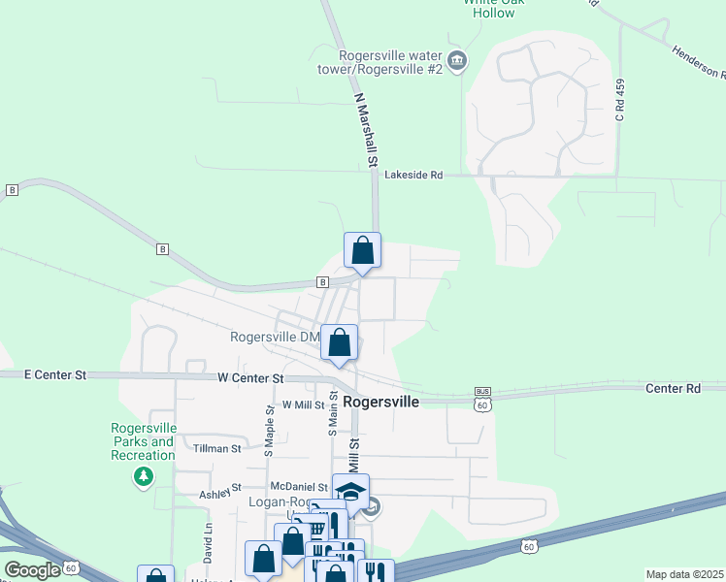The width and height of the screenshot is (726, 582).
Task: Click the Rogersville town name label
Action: tap(380, 401)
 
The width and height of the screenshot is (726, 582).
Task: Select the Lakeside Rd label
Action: tap(413, 176)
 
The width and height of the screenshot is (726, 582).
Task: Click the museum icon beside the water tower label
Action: tap(457, 63)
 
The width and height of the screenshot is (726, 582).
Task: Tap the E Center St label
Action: tap(54, 374)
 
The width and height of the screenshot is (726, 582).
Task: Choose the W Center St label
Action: tap(250, 378)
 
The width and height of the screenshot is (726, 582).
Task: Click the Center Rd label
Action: tap(673, 388)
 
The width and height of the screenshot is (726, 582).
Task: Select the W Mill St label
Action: tap(303, 404)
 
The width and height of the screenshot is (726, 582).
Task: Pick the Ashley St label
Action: tap(220, 494)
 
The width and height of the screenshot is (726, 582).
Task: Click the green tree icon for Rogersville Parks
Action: tap(144, 476)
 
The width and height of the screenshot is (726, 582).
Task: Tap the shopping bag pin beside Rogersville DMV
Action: tap(340, 342)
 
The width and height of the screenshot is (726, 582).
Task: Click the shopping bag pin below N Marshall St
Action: tap(362, 251)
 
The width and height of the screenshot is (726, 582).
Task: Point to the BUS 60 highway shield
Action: tap(481, 398)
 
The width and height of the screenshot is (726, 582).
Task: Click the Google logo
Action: tap(32, 570)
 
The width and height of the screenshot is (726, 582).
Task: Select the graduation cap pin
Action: tap(350, 491)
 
